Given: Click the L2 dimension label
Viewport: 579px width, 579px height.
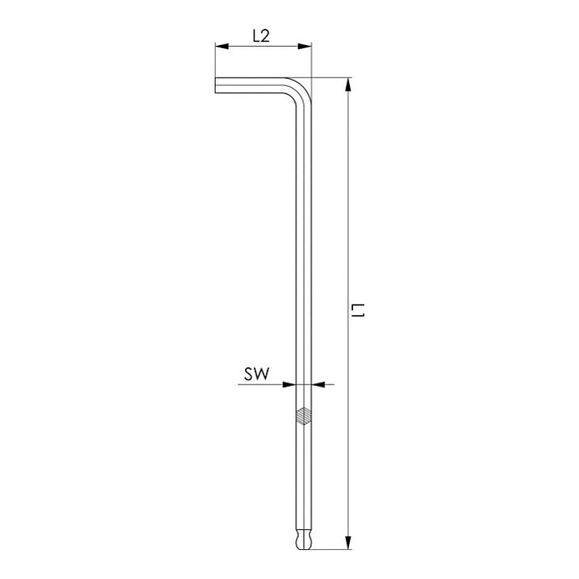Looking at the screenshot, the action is pos(261,36).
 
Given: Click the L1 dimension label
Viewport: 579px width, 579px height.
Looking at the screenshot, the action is pos(357,310).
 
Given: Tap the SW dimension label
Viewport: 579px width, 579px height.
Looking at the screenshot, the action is pos(257,374).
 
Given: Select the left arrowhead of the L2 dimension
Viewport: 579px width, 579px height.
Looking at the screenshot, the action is pos(222,46).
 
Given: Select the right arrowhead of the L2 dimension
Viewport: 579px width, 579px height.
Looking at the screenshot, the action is pos(305,46).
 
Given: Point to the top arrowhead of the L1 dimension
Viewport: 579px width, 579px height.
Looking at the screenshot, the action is pos(348,85).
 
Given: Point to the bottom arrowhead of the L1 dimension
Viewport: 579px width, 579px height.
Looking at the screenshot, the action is pos(348,543).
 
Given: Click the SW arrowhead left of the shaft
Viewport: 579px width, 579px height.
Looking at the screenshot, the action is pos(289,384).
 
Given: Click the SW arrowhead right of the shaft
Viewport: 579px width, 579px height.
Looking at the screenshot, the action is pos(318,384).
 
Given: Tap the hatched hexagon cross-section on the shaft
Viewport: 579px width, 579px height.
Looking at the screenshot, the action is pos(303,417).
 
